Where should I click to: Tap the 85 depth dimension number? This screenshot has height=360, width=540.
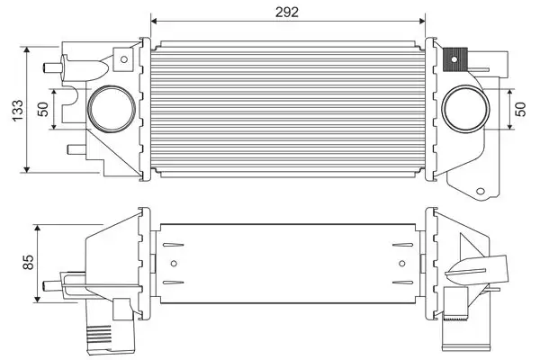pyautogui.click(x=28, y=262)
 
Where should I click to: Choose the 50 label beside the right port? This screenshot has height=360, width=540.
pyautogui.click(x=519, y=108)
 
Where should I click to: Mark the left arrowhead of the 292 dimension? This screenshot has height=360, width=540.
pyautogui.click(x=154, y=20)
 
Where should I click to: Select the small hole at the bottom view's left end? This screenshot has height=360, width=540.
pyautogui.click(x=174, y=264)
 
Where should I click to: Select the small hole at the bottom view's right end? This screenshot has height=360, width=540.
pyautogui.click(x=401, y=264)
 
